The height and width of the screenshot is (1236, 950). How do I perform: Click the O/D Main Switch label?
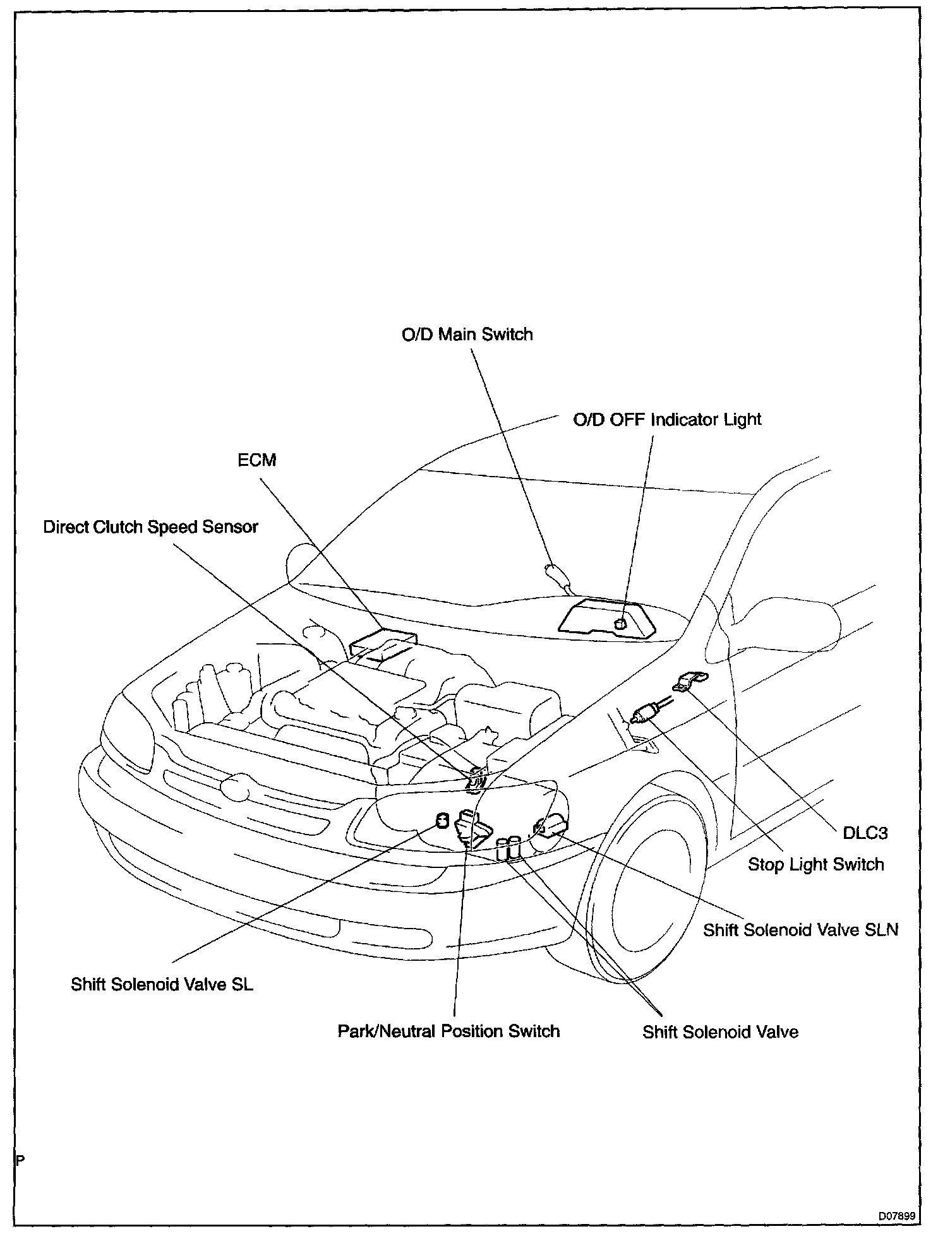tap(467, 334)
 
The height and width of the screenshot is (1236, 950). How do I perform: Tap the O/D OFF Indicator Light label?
tap(666, 420)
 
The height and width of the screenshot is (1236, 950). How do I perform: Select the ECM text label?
tap(256, 460)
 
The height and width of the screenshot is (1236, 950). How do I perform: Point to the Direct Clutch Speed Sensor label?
tap(150, 527)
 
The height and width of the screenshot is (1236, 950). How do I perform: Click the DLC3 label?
tap(865, 833)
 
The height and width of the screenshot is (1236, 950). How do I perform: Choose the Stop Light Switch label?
tap(815, 864)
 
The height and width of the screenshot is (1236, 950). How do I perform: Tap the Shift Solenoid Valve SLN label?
tap(800, 930)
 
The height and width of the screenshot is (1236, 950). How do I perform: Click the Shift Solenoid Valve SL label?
tap(162, 985)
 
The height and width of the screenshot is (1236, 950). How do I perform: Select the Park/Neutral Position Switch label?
tap(448, 1031)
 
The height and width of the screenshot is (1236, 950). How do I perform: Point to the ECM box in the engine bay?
tap(383, 644)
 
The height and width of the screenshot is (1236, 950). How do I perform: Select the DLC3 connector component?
tap(690, 681)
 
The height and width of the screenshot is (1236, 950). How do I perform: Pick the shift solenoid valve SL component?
tap(442, 821)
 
